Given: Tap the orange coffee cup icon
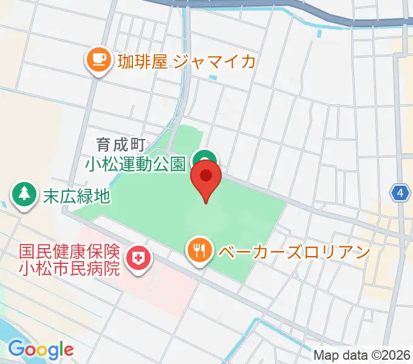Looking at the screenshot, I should click(98, 60).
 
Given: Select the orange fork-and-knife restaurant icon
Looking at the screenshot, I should click(199, 249).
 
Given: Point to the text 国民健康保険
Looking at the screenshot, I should click(70, 251).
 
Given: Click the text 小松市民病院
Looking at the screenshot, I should click(70, 267).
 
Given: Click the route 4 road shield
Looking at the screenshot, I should click(399, 194).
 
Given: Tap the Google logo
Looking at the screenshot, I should click(41, 349).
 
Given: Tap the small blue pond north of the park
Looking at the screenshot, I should click(212, 78).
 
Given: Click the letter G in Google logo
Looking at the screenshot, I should click(15, 349).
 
